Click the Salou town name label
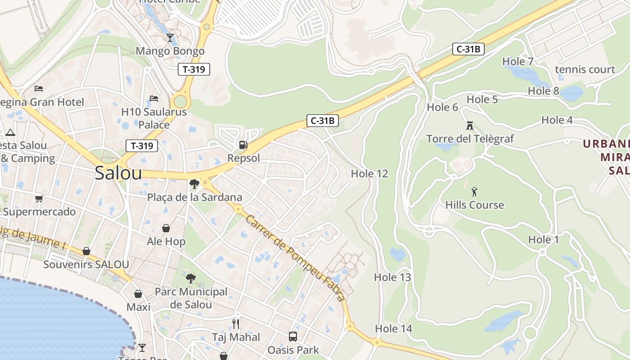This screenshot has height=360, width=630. click(x=118, y=173)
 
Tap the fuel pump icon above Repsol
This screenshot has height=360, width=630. click(x=243, y=145)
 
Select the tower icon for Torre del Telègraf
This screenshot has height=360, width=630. click(x=470, y=125)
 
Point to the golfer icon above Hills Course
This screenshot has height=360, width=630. click(x=474, y=192)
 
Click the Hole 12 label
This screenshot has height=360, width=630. click(x=369, y=174)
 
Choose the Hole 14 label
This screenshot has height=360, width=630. click(x=393, y=329)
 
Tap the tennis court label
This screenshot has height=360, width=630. click(x=585, y=69)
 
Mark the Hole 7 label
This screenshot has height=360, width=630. click(x=517, y=62)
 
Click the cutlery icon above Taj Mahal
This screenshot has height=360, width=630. click(x=235, y=324)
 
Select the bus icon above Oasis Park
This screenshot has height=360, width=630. click(x=292, y=336)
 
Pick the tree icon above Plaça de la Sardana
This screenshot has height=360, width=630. click(x=194, y=184)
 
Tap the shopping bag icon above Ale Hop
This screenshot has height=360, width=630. click(x=166, y=229)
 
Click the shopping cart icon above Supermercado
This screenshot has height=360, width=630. click(x=39, y=198)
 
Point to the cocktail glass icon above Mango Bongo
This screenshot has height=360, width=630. click(x=170, y=38)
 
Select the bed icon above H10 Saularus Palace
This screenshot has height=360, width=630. click(x=154, y=99)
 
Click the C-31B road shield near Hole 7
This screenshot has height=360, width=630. click(x=468, y=49)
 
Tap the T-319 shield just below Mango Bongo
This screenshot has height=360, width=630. click(x=194, y=69)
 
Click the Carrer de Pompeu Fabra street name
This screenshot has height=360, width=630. click(x=295, y=257)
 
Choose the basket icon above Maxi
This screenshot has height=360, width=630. click(x=138, y=294)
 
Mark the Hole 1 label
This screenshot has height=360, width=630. click(x=543, y=240)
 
